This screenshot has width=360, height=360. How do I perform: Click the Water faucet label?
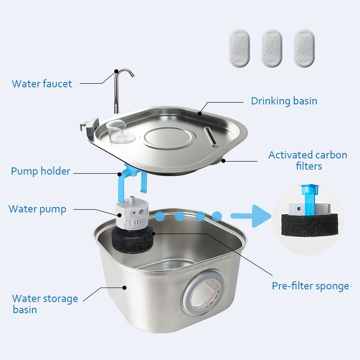42,84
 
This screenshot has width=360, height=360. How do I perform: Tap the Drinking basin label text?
284,101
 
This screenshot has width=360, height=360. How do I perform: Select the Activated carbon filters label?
308,160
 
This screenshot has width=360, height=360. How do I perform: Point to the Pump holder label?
40,171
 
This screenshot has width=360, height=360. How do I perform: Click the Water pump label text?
37,209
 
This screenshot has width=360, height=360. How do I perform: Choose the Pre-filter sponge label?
310,286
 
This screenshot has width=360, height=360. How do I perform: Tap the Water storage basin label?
45,304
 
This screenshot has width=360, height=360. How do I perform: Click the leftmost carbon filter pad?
239,48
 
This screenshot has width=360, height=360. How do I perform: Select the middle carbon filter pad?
272,48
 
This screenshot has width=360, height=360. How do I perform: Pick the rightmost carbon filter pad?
304,48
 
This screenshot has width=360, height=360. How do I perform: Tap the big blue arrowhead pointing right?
261,216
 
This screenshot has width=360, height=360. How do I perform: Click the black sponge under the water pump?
132,239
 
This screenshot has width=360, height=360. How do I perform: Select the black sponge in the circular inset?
310,225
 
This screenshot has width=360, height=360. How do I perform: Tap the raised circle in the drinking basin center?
167,138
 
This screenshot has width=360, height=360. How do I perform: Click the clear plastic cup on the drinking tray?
119,131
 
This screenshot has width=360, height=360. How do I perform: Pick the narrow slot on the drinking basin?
211,137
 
